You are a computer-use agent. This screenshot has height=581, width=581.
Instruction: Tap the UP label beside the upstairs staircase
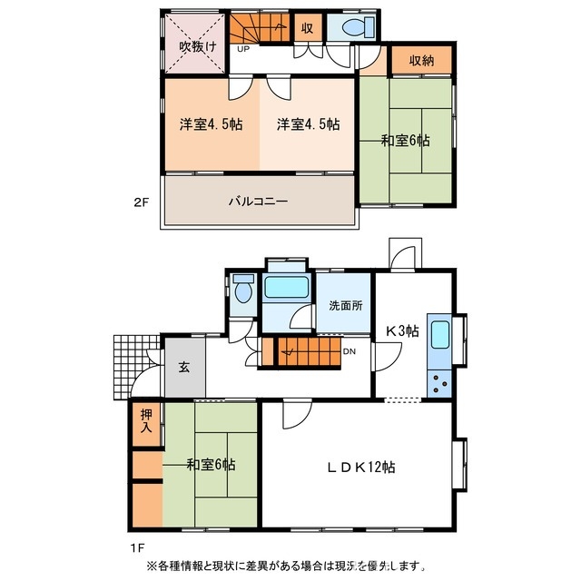point(242,50)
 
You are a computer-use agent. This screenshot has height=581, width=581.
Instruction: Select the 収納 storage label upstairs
point(420,61)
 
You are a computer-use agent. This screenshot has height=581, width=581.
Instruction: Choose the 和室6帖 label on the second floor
point(405,141)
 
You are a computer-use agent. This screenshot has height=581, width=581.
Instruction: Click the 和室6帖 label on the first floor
point(212,465)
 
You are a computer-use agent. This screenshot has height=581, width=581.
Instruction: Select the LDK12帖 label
point(361,468)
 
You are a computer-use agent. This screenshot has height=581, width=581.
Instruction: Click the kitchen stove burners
point(440,382)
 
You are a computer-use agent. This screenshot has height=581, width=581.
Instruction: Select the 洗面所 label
point(345,305)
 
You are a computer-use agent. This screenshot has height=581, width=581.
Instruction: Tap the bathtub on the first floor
point(287,291)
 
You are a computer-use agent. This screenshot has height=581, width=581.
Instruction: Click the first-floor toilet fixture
point(242,290)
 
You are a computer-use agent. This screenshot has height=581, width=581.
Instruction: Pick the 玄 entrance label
point(183,369)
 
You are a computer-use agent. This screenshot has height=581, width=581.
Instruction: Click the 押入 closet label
point(147,424)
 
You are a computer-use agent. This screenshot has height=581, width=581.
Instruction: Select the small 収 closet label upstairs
point(307,27)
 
